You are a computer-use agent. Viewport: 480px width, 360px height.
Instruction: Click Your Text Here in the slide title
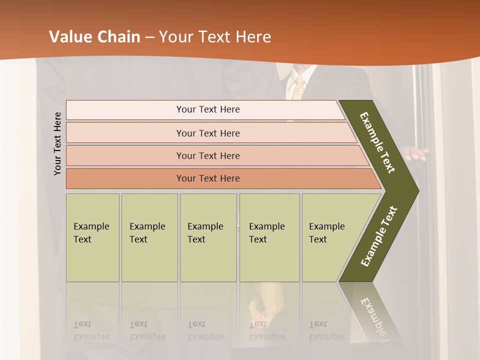pyautogui.click(x=215, y=37)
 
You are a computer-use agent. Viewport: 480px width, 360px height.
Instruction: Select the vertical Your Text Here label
pyautogui.click(x=57, y=143)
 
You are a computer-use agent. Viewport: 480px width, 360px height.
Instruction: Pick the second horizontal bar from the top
pyautogui.click(x=208, y=133)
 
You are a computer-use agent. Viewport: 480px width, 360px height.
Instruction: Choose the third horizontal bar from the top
pyautogui.click(x=208, y=155)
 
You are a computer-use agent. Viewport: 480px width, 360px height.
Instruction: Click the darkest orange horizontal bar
pyautogui.click(x=208, y=178)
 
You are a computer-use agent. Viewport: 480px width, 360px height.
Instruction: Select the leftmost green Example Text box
pyautogui.click(x=92, y=237)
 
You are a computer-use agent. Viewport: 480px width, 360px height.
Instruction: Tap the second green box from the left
pyautogui.click(x=149, y=237)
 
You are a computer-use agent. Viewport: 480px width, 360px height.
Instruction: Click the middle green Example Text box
pyautogui.click(x=208, y=237)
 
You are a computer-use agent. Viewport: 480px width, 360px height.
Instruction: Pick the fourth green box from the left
pyautogui.click(x=269, y=237)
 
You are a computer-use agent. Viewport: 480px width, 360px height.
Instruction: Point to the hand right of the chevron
pyautogui.click(x=415, y=153)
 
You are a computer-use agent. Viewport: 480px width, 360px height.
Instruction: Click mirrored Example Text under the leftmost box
pyautogui.click(x=91, y=330)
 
